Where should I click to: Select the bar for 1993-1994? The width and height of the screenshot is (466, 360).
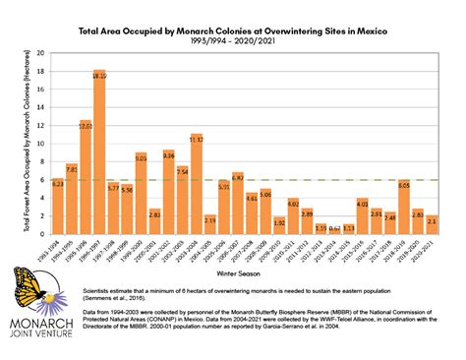58,202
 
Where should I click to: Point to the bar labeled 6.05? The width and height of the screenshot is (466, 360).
403,204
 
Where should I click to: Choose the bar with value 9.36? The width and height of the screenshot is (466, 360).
169,188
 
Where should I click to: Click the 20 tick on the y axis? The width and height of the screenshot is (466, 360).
41,52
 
